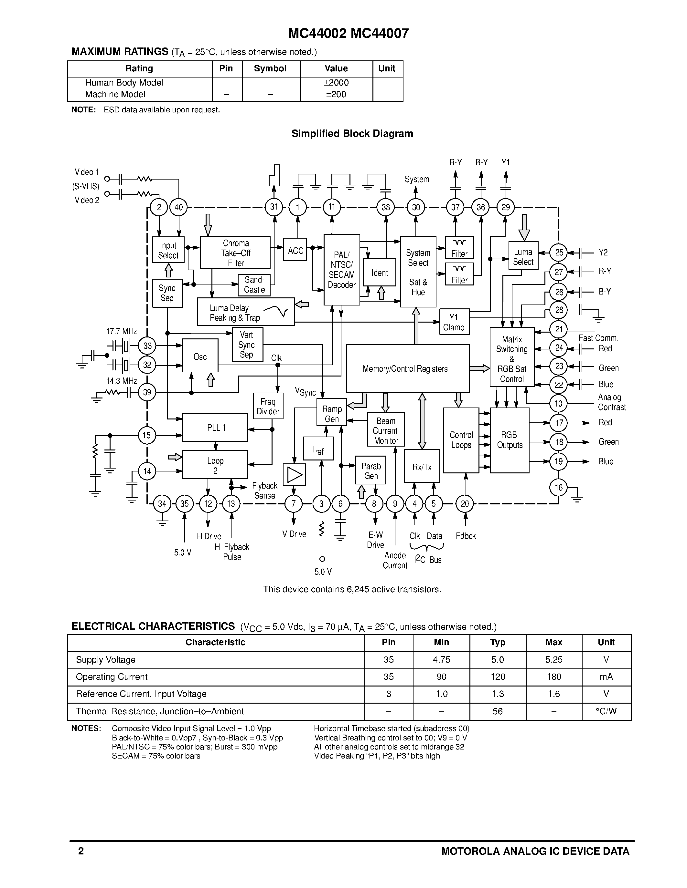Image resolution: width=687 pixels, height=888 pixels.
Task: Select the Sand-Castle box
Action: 254,284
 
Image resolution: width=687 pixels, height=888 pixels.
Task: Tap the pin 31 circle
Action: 274,207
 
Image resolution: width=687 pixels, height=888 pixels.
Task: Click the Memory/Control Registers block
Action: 407,368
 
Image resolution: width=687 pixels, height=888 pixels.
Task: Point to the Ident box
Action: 379,273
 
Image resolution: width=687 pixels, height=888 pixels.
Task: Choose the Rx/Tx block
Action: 422,467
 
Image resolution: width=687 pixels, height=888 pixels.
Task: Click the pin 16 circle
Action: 558,488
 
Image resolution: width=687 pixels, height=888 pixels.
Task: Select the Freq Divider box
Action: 268,406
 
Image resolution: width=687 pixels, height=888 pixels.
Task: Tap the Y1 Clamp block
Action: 454,322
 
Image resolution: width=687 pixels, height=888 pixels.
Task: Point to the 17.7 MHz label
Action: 121,331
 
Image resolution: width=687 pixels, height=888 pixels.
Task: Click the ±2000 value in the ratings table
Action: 336,83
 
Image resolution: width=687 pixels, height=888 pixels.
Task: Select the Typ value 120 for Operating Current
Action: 497,676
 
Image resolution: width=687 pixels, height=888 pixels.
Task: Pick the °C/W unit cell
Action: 606,711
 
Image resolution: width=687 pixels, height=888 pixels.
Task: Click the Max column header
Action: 553,642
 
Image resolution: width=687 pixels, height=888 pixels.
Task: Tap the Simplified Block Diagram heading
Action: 352,133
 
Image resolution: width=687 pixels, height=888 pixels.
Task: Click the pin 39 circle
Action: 147,392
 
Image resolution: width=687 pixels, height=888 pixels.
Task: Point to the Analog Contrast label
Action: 611,402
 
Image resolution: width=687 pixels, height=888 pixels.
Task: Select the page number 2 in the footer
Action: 81,851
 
